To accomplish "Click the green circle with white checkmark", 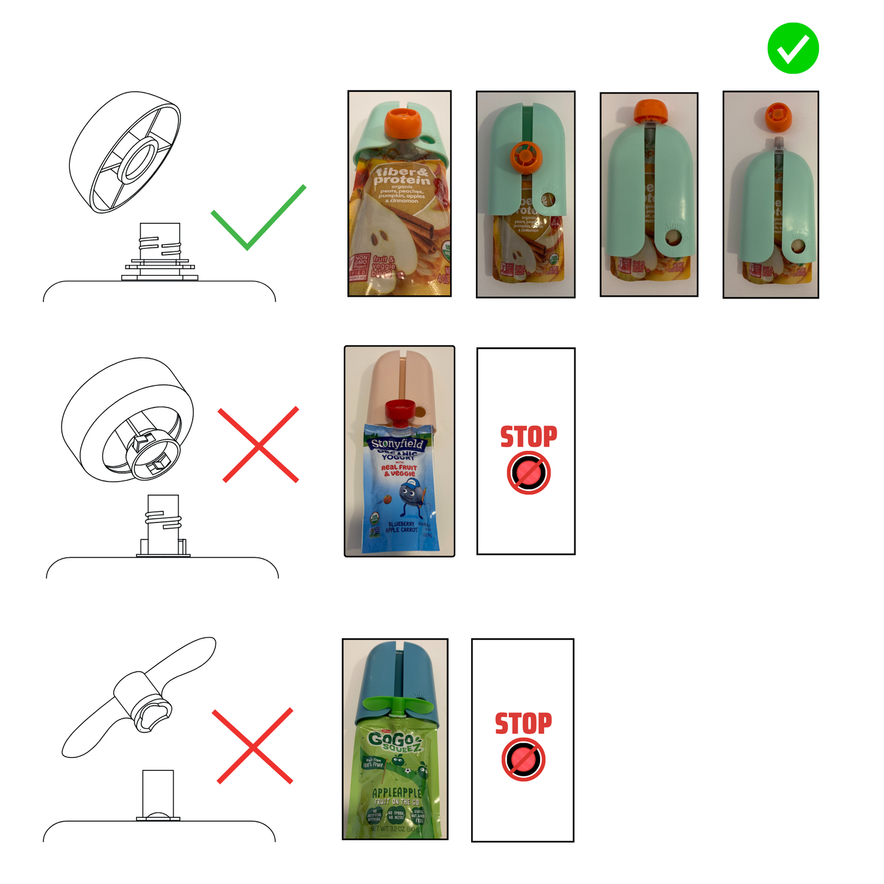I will click(x=793, y=48).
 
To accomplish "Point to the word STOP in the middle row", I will click(x=529, y=437).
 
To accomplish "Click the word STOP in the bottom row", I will click(x=523, y=723).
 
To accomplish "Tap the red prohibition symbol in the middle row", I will click(x=529, y=473).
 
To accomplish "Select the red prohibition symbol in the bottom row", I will click(x=523, y=759).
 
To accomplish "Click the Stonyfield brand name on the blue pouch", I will click(x=396, y=444).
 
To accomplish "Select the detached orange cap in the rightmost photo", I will click(x=778, y=115).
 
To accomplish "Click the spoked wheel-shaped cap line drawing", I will click(x=125, y=152).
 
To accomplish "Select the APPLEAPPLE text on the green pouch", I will click(x=396, y=793).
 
